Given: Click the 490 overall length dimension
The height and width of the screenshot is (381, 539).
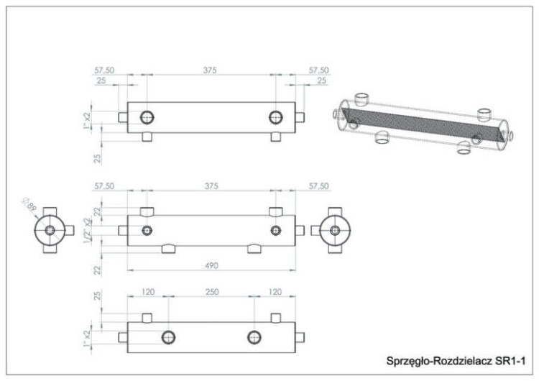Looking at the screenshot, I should (211, 265).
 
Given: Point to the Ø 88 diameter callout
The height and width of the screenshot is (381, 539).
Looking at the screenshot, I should (29, 206).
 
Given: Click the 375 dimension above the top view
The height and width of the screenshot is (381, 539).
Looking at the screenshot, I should (211, 70).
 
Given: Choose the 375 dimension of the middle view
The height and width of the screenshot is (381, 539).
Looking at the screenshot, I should (211, 186).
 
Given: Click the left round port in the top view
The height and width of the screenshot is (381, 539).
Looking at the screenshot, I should (147, 117).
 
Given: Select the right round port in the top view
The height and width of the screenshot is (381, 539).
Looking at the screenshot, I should (275, 117).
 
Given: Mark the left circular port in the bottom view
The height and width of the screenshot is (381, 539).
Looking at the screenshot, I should (169, 337).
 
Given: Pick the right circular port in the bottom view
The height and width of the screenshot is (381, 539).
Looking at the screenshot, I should (254, 337).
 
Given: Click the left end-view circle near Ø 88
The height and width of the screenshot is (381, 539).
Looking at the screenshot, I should (50, 231).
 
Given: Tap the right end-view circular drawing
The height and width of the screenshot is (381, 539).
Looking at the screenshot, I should (333, 231).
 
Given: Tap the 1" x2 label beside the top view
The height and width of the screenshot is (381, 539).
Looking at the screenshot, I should (87, 118).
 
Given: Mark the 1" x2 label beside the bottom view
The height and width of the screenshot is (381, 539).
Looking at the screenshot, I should (87, 335).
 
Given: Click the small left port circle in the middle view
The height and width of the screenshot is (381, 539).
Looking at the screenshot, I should (147, 231).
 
